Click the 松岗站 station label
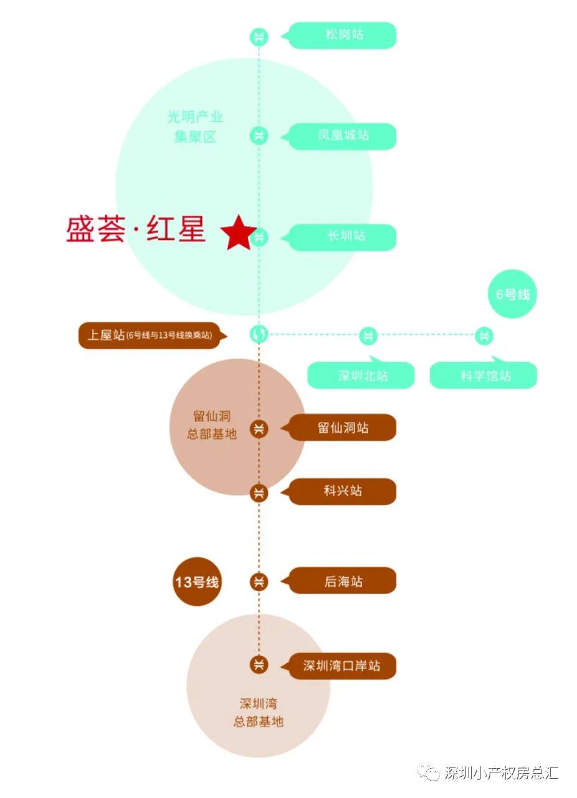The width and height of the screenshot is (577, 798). pos(343,35)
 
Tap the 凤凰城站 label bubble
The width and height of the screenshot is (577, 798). pos(343,136)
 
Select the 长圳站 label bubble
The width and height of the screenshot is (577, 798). pos(343,237)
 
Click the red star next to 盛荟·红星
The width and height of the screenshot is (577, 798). pos(237,233)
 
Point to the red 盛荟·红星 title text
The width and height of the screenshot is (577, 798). pos(136,229)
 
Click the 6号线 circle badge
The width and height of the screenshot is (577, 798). pos(512,294)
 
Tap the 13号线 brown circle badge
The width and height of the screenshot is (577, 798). pos(196,582)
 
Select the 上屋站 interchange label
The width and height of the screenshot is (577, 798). pos(150,335)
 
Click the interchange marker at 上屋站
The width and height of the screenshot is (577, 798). pos(259,335)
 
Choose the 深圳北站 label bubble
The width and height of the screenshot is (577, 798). pos(361,375)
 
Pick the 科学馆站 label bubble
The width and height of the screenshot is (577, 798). pos(484,375)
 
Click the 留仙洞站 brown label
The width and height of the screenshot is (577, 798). pos(343,428)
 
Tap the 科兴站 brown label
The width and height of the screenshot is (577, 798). pos(343,491)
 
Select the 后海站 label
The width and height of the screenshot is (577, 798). pos(343,581)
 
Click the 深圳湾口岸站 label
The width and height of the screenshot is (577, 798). pos(343,666)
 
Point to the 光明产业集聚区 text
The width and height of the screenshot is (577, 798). pos(194,127)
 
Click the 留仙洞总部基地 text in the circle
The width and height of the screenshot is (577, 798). pos(212,425)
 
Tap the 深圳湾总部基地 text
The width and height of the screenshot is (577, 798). pos(259,713)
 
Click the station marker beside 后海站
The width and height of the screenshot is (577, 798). pos(259,582)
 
